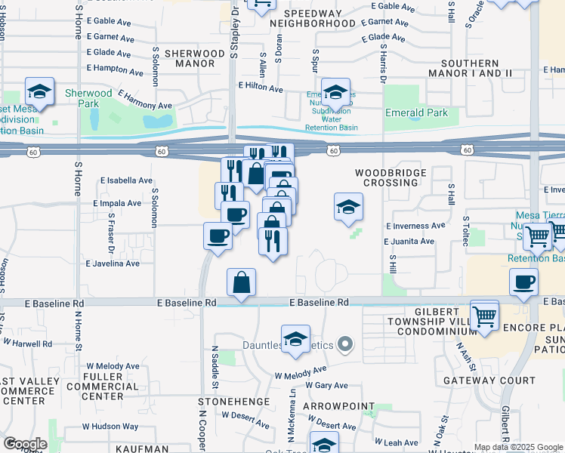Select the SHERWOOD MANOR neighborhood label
[195, 59]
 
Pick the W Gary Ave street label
[326, 385]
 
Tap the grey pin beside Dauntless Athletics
[346, 345]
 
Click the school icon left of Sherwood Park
[39, 92]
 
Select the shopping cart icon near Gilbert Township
[484, 315]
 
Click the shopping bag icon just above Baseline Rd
[241, 282]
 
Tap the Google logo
[25, 443]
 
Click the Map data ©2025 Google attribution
[518, 447]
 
